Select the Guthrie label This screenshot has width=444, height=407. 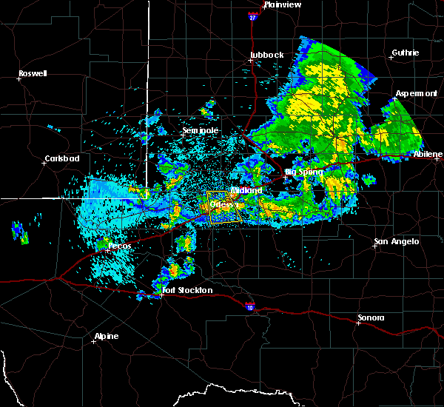(x=404, y=53)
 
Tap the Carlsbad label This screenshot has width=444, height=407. (x=61, y=158)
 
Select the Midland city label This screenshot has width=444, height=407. (x=246, y=190)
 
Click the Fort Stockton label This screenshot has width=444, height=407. (x=188, y=290)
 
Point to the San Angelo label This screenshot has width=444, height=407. (x=397, y=241)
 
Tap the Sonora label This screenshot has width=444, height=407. (x=371, y=317)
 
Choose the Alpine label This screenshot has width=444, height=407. (x=107, y=337)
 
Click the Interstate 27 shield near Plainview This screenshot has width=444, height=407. (x=253, y=16)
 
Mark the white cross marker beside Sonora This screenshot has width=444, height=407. (x=357, y=323)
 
